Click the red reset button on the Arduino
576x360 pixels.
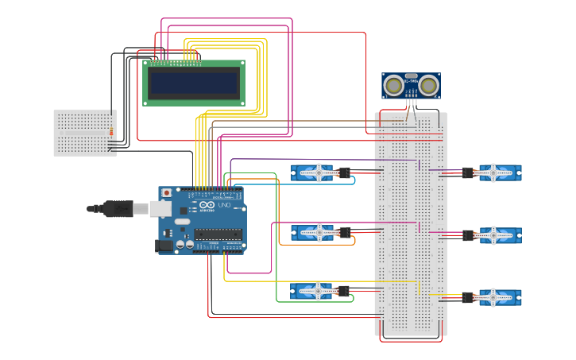coord(166,192)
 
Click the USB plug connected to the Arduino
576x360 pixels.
coord(119,208)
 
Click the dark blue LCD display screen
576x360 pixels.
coord(194,83)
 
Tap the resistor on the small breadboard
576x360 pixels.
coord(110,131)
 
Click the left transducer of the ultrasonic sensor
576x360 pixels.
coord(393,85)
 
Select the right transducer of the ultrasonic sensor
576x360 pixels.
coord(429,85)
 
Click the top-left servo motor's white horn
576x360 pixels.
coord(319,172)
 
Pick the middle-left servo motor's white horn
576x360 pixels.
coord(319,232)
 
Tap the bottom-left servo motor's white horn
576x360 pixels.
coord(319,291)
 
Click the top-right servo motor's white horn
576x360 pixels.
coord(493,172)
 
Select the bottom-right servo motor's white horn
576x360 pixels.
coord(493,297)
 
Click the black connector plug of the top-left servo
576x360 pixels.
coord(345,172)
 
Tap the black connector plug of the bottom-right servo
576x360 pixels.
coord(468,297)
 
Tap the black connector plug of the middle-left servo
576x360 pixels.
coord(345,232)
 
